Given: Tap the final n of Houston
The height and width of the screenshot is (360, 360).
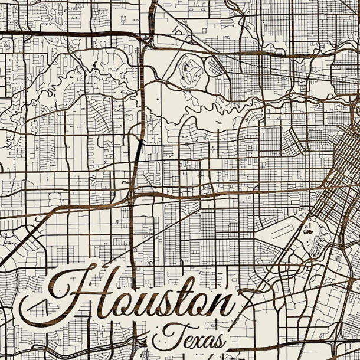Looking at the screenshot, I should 222,305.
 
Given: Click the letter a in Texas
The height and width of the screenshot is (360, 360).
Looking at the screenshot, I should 207,341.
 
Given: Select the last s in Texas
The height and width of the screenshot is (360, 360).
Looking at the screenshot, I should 218,341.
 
